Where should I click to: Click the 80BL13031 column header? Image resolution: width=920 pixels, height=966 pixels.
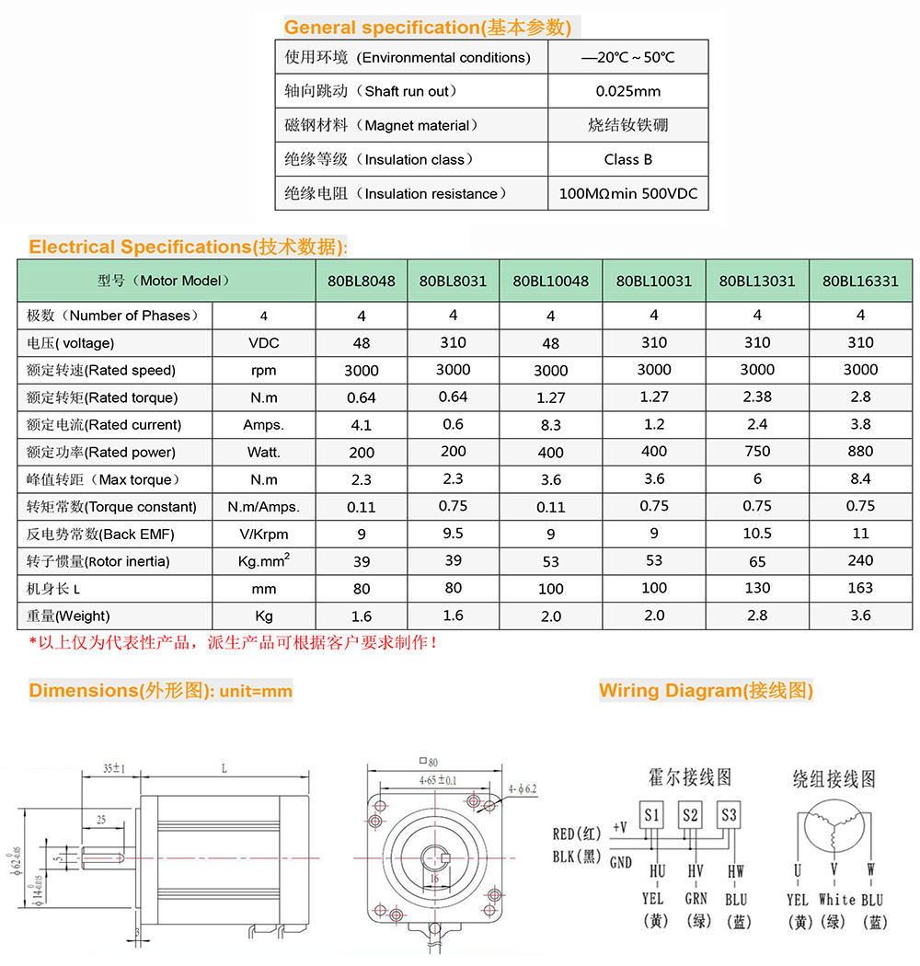[x=757, y=281]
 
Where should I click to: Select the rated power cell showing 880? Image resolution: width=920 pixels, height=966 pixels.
[x=860, y=452]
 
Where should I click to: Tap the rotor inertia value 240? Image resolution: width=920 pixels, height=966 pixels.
[x=860, y=560]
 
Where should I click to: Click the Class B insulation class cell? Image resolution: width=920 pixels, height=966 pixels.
[x=628, y=159]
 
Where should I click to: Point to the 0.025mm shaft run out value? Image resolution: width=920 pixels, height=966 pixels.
[x=628, y=91]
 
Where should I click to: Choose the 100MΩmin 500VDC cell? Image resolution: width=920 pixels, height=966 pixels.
[x=628, y=194]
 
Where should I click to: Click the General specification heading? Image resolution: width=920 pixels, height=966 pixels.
[x=427, y=28]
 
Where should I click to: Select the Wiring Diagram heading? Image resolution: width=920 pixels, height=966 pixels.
[x=706, y=690]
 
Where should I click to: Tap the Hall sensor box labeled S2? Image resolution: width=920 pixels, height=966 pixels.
[x=690, y=815]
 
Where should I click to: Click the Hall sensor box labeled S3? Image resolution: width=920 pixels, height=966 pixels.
[x=729, y=815]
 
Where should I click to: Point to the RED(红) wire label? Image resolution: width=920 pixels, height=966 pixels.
[x=577, y=834]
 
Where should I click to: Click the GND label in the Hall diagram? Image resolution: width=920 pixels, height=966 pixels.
[x=621, y=863]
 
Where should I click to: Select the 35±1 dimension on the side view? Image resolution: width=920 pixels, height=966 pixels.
[x=114, y=767]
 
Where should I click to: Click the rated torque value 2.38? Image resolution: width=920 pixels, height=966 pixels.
[x=757, y=397]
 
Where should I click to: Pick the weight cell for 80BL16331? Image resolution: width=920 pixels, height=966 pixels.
[x=860, y=615]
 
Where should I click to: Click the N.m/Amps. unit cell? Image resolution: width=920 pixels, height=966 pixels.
[x=263, y=507]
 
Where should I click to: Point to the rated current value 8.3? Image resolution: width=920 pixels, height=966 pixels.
[x=550, y=425]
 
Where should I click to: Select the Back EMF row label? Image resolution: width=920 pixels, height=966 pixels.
[x=100, y=535]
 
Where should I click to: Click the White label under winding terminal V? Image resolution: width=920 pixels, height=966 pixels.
[x=836, y=900]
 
